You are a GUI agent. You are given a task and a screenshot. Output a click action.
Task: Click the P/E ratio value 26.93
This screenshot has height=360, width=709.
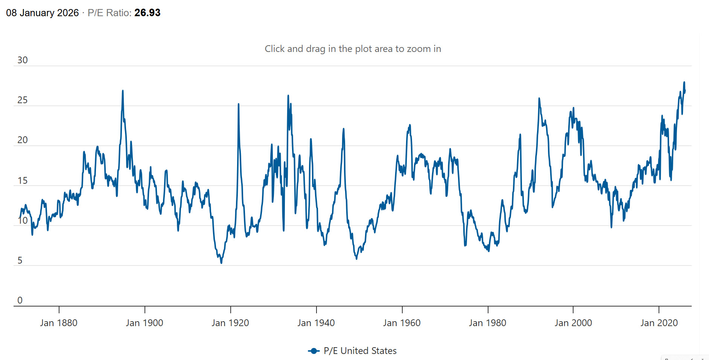tap(147, 13)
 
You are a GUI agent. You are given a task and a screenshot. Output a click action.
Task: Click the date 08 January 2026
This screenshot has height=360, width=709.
tap(42, 13)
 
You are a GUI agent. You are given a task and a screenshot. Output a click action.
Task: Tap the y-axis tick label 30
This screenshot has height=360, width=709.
tap(23, 60)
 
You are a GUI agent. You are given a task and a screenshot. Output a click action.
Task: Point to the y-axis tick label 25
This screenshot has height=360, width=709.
tap(23, 100)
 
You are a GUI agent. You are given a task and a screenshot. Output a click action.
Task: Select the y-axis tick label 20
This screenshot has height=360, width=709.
tap(23, 140)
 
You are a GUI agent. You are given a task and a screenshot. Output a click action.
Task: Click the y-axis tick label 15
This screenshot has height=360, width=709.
tap(23, 181)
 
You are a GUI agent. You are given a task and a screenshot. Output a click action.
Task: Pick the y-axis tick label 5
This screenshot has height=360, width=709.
tap(20, 261)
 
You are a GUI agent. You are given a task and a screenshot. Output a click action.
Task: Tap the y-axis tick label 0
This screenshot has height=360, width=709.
tap(20, 301)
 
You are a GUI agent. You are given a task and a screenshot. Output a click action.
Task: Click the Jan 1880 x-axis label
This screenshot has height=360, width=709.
tap(59, 323)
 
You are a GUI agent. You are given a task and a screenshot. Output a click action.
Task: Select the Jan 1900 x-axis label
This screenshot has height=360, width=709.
tap(145, 323)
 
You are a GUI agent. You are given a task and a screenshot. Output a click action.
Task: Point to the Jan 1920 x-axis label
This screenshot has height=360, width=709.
tap(230, 323)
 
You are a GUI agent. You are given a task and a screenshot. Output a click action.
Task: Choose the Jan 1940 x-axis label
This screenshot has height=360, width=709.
tap(316, 323)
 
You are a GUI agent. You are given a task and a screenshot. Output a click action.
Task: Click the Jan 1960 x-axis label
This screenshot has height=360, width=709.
tap(402, 323)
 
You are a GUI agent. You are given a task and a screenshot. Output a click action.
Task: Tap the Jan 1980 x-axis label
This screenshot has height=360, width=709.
tap(488, 323)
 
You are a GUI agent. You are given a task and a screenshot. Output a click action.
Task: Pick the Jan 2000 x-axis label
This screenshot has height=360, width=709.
tap(573, 323)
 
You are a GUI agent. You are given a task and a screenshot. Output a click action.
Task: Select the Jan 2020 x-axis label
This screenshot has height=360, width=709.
tap(659, 323)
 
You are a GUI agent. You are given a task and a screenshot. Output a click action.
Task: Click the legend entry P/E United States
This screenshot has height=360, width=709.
tap(360, 351)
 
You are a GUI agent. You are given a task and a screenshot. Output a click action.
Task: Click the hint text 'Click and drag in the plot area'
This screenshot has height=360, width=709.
tap(353, 49)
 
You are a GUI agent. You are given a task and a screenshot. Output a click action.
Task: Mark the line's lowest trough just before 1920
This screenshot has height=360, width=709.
tap(221, 263)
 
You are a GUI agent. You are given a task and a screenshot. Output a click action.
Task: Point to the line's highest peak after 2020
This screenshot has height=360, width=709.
tap(684, 82)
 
